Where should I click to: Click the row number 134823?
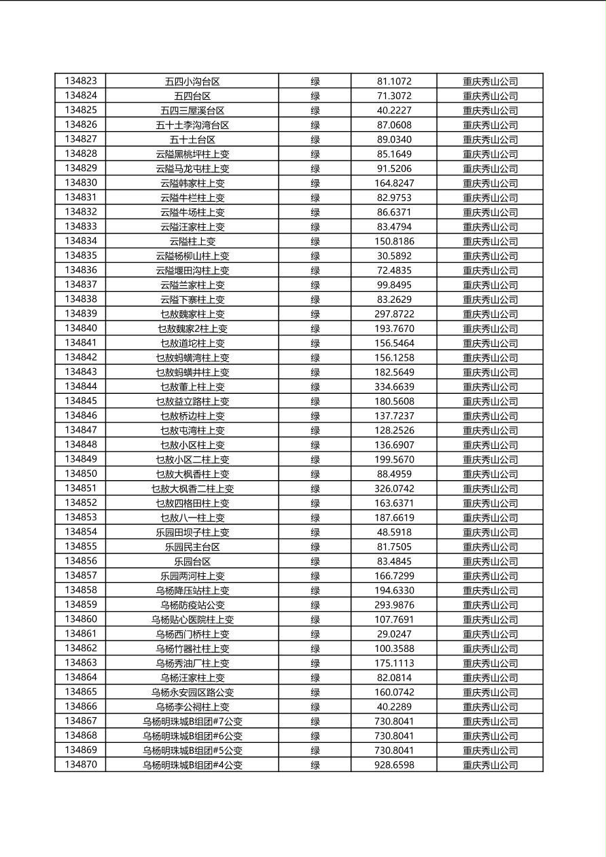[x=81, y=81]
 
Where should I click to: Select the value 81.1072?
[x=394, y=81]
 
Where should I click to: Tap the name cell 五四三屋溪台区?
[x=192, y=111]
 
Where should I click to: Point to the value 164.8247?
[x=394, y=183]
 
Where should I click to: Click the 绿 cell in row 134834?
[x=315, y=242]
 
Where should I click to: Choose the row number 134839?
[x=81, y=314]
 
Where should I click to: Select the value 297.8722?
[x=394, y=314]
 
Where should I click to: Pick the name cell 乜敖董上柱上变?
[x=192, y=387]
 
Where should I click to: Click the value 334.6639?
[x=394, y=387]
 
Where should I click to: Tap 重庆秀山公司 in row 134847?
[x=490, y=431]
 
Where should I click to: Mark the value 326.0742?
[x=394, y=489]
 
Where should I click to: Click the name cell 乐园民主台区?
[x=192, y=547]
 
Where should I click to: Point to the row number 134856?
[x=81, y=561]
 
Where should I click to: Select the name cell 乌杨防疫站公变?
[x=192, y=605]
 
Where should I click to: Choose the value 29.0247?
[x=394, y=634]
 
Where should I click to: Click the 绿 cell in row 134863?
[x=315, y=663]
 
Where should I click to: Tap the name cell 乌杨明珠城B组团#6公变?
[x=192, y=736]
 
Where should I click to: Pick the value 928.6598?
[x=394, y=765]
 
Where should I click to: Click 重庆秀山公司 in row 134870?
[x=490, y=765]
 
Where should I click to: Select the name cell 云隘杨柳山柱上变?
[x=192, y=256]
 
